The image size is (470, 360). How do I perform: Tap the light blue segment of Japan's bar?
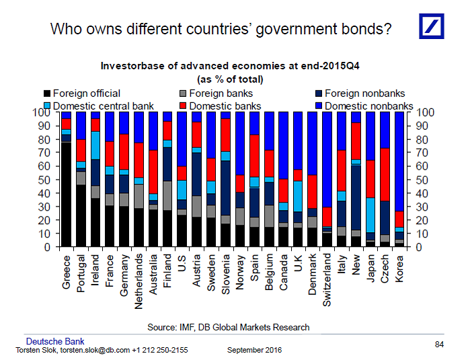pos(370,215)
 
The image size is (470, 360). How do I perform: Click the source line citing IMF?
pos(229,327)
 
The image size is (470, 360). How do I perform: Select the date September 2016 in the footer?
pos(255,351)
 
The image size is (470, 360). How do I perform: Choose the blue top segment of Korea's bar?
pos(399,161)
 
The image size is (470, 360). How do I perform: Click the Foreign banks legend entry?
pos(223,94)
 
